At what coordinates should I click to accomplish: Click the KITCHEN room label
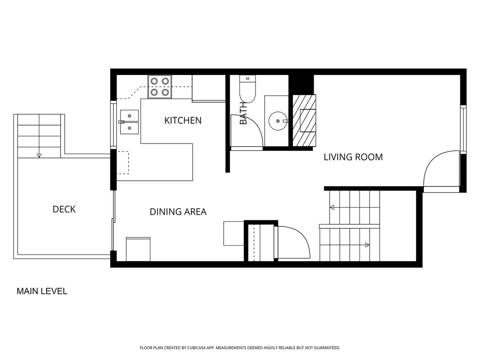tap(183, 120)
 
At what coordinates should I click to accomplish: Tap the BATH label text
tap(243, 113)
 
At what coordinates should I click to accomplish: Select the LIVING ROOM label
tap(353, 157)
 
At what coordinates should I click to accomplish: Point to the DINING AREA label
tap(178, 211)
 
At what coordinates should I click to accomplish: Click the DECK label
tap(64, 209)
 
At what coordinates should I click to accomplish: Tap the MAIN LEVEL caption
tap(42, 291)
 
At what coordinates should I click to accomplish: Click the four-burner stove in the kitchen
tap(160, 87)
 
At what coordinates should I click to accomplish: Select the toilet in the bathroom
tap(247, 89)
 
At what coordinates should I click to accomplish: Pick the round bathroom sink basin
tap(278, 121)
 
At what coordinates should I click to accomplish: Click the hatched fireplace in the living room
tap(304, 120)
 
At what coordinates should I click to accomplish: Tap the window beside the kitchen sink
tap(113, 124)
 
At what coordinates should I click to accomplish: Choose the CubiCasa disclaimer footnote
tap(240, 348)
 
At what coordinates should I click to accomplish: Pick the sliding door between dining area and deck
tap(113, 220)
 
